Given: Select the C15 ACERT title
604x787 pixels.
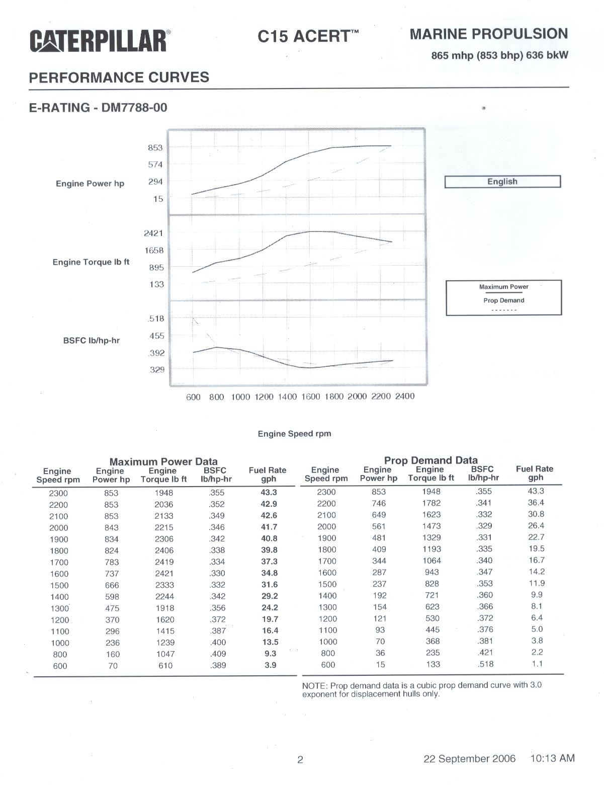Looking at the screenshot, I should (x=308, y=36).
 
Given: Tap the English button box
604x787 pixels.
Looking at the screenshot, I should (x=502, y=182).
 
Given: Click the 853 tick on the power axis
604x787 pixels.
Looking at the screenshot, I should (x=155, y=148).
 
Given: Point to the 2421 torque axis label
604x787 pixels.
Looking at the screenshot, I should (x=153, y=233).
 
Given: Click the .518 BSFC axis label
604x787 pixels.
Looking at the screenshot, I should (x=156, y=319).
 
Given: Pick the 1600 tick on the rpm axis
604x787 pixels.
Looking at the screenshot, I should (x=310, y=397).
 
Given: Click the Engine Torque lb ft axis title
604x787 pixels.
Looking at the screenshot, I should (x=91, y=262).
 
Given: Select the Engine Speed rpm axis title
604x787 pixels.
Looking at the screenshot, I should (x=294, y=434).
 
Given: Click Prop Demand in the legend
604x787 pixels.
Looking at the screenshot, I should (x=503, y=300).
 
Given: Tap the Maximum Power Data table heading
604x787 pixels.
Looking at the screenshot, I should (x=163, y=461).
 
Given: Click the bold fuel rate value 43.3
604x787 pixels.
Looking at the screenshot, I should (x=269, y=493).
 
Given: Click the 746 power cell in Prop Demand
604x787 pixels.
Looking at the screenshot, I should (x=379, y=503).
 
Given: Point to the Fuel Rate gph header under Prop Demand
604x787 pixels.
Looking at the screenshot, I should (x=534, y=474).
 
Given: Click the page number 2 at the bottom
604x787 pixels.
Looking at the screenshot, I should (x=300, y=760).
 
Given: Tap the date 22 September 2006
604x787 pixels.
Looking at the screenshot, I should (x=469, y=759).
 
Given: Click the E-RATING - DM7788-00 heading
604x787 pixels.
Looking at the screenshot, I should (x=98, y=108).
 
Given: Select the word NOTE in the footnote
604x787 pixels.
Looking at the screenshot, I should (x=314, y=685).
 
